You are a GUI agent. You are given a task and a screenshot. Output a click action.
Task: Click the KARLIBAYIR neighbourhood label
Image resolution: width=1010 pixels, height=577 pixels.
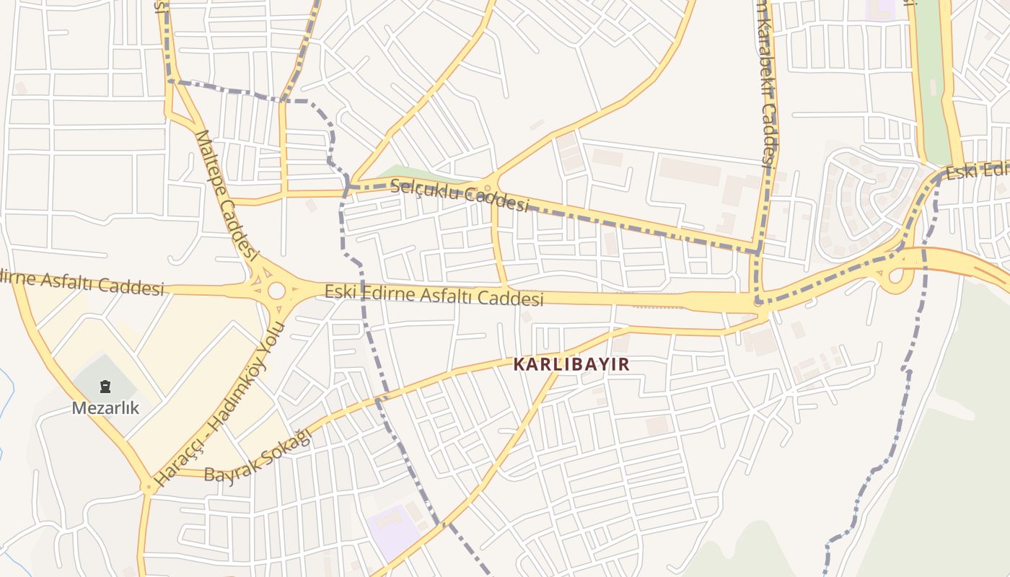(571, 364)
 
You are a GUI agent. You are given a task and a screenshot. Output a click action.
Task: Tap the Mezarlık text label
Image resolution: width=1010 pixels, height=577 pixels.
(105, 408)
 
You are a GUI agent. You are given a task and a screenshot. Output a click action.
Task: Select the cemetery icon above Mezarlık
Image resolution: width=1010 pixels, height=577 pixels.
(105, 388)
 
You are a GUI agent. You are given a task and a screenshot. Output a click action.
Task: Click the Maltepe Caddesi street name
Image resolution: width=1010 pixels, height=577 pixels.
(227, 195)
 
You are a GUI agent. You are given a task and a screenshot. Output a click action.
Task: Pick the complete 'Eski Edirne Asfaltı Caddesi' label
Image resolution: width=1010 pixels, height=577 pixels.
(434, 295)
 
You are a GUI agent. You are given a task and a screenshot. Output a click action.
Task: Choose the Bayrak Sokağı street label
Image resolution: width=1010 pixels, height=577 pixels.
(258, 455)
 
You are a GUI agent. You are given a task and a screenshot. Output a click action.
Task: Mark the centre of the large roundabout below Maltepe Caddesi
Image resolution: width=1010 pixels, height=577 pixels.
(276, 291)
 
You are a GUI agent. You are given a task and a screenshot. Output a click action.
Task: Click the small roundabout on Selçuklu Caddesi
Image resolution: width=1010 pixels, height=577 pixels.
(488, 188)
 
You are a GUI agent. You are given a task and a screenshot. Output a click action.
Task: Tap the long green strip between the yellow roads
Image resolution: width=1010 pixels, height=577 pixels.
(933, 79)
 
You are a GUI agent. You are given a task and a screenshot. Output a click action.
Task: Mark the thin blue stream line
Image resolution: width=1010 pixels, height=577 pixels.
(7, 404)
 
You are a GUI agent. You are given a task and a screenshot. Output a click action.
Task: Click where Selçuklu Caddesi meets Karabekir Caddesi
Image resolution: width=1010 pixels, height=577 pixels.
(756, 251)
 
